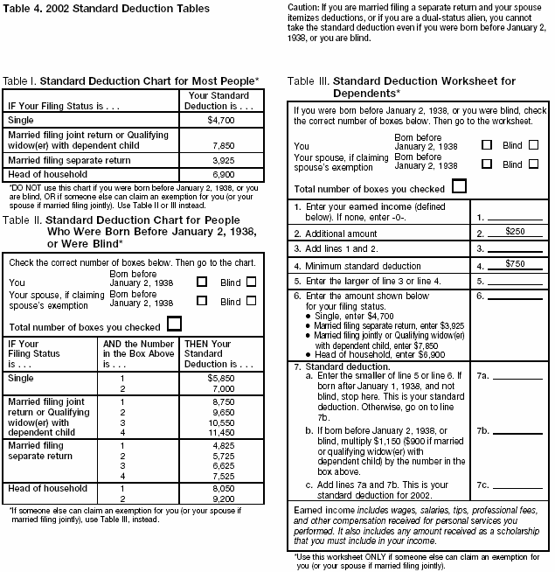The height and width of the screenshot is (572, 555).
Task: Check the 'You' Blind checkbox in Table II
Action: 251,283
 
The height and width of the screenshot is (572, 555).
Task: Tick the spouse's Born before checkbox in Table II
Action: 203,300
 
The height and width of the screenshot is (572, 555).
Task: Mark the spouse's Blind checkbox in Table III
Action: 533,164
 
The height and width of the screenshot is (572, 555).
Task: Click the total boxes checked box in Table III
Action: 457,186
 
